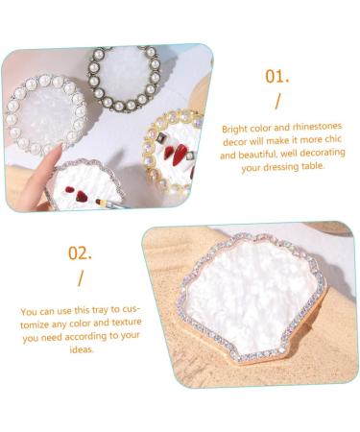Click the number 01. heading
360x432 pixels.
click(x=278, y=75)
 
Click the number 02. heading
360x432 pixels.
click(x=81, y=254)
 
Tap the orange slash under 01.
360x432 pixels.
click(x=277, y=102)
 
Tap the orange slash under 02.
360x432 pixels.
click(x=80, y=280)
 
